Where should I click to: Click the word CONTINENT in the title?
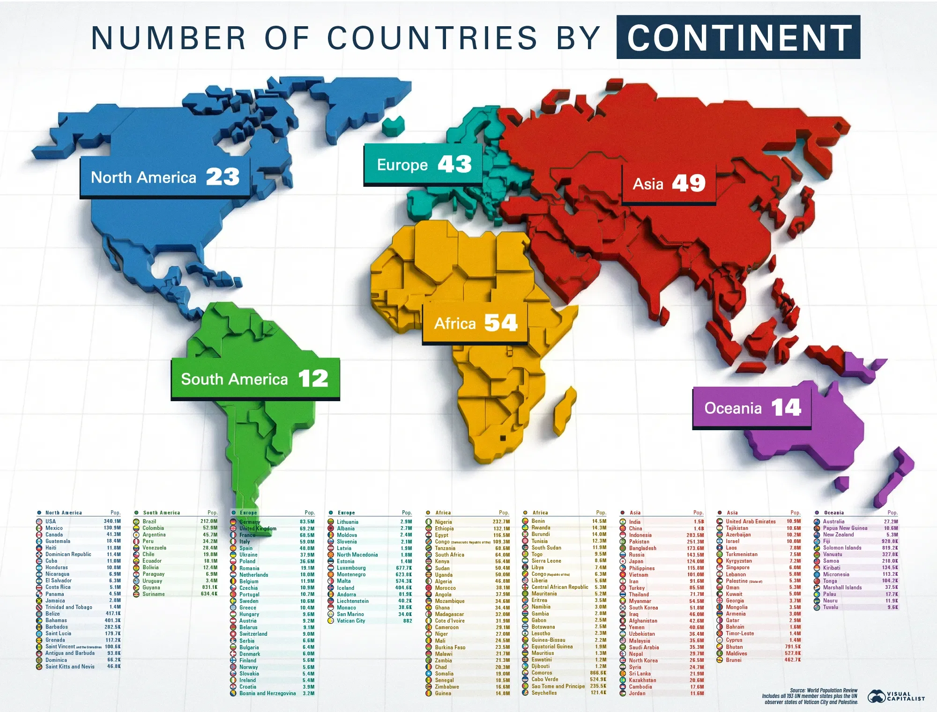click(738, 37)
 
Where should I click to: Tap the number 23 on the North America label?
click(223, 177)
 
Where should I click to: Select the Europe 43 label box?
click(423, 164)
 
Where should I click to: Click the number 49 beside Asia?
click(689, 183)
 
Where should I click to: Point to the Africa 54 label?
click(475, 323)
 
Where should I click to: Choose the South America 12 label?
click(255, 379)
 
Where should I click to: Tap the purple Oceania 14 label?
click(752, 408)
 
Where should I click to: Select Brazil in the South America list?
click(149, 521)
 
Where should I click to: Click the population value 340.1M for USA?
click(112, 521)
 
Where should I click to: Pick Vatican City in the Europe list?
click(351, 621)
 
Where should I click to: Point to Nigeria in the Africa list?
click(443, 522)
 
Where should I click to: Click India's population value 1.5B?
click(699, 521)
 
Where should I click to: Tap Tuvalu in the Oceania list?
click(831, 607)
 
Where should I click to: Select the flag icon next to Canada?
click(39, 535)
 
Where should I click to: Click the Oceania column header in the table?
click(834, 513)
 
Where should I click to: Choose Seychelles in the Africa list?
click(544, 693)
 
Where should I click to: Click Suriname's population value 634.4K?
click(209, 594)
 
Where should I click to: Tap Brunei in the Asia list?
click(734, 660)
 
